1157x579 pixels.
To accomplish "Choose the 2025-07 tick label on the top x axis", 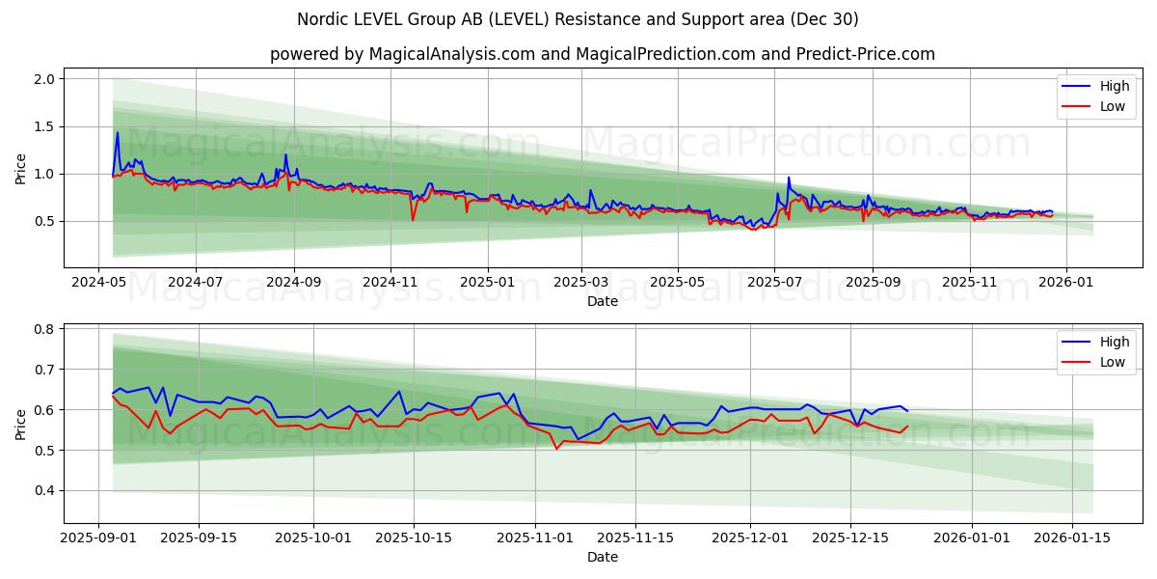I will (x=774, y=282).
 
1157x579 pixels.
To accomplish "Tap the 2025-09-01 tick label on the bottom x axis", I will (x=99, y=538).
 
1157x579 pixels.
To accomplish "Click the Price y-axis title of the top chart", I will (x=21, y=168).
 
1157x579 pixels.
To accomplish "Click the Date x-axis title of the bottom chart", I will (x=603, y=557).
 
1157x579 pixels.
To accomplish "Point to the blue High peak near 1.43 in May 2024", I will (x=118, y=133).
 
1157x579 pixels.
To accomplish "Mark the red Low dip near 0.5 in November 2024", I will (x=413, y=220).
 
